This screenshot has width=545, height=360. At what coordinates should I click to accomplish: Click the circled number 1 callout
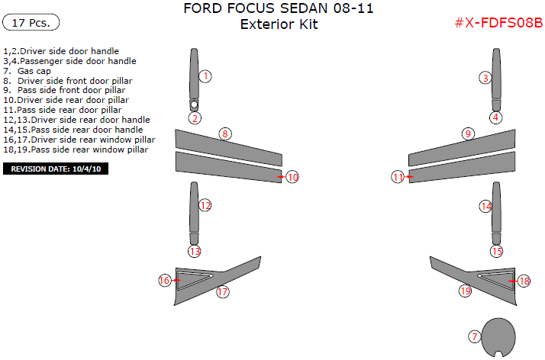point(205,76)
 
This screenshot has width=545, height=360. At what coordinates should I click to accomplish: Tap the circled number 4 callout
point(496,117)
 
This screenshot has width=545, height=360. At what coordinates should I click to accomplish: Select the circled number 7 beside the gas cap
point(474,336)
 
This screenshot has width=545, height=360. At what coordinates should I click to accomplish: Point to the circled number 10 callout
point(292,177)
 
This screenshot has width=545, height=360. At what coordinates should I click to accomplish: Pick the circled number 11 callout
point(398,177)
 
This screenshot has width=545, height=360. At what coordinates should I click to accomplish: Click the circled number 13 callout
point(195,251)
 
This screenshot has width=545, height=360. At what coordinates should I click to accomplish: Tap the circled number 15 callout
point(497,251)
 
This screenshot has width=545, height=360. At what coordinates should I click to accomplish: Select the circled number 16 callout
point(165,280)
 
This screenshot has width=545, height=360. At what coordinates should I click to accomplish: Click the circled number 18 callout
point(524,281)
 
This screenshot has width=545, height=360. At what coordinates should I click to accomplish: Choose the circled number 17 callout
point(222,291)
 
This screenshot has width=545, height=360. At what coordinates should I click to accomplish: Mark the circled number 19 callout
point(465,291)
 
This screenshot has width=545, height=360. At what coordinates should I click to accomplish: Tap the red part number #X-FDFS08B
point(498,23)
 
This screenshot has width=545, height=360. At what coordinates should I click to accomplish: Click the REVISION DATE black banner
point(56,169)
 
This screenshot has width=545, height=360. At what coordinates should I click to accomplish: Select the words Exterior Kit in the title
point(279,24)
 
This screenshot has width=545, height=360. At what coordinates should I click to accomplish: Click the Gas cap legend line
point(34,71)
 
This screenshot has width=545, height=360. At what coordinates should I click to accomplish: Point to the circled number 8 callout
point(224,133)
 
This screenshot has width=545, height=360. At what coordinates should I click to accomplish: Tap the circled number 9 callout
point(468,133)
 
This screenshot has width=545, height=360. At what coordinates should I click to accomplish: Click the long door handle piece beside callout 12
point(194,214)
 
